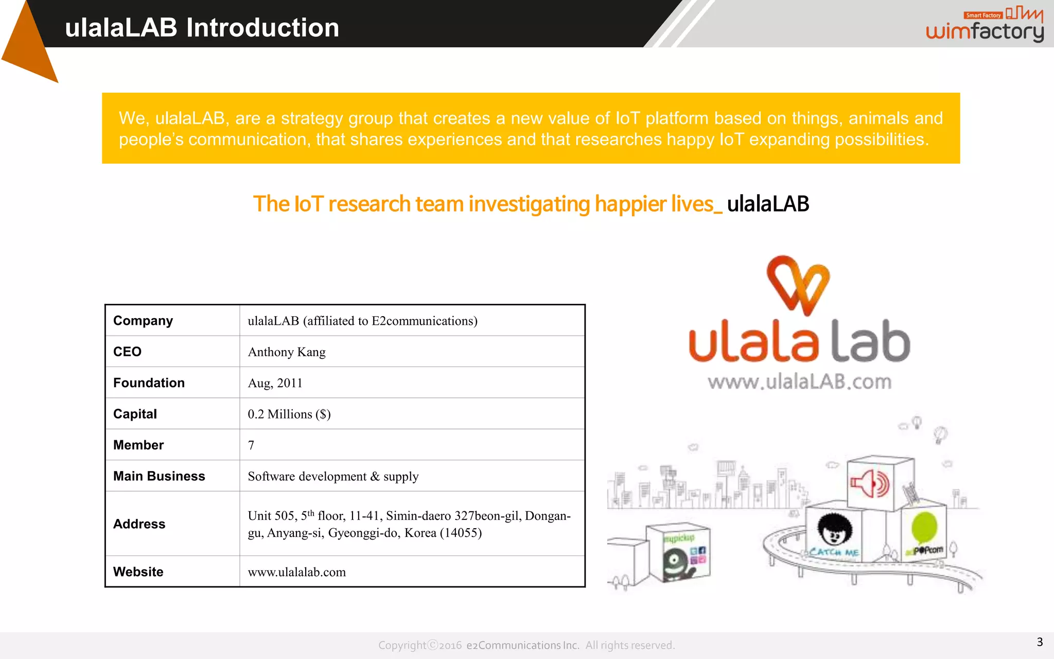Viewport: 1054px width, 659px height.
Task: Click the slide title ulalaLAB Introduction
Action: click(x=202, y=28)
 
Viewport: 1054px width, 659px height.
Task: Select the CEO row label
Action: click(x=127, y=352)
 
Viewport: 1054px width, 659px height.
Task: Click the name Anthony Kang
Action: click(x=287, y=352)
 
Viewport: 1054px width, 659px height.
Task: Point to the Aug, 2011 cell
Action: click(x=275, y=383)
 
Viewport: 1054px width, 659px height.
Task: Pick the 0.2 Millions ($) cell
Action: click(x=289, y=414)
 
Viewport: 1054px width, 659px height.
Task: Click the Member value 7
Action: click(x=251, y=445)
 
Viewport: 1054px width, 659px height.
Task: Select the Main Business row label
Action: click(x=159, y=476)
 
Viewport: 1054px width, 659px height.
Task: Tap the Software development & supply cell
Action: click(x=333, y=476)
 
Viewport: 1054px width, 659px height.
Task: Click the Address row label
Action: click(x=139, y=524)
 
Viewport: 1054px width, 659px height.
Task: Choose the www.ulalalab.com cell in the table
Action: click(x=296, y=572)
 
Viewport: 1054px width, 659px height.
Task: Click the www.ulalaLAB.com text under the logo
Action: click(x=799, y=382)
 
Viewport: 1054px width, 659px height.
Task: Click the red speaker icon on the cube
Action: click(x=870, y=483)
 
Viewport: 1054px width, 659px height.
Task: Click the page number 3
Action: click(x=1040, y=642)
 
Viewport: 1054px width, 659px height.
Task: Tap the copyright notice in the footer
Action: click(x=526, y=645)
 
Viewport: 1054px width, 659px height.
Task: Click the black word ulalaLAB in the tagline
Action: click(x=768, y=204)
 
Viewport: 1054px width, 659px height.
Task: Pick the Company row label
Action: click(x=143, y=321)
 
